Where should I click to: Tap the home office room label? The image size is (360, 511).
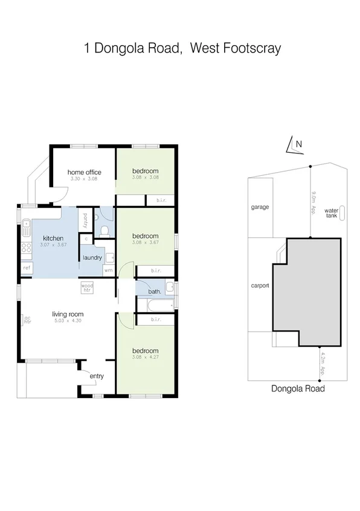84,173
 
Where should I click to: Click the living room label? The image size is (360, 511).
67,314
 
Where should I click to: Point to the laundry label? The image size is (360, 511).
92,257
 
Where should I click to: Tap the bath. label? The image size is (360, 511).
155,292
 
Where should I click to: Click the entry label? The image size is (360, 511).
97,376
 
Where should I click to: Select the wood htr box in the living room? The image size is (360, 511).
88,288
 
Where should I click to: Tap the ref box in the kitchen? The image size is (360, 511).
27,268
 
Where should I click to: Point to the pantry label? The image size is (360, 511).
86,221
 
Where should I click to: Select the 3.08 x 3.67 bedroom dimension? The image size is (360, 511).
145,243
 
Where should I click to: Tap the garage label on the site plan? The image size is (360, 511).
260,207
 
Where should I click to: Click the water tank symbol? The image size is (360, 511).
342,213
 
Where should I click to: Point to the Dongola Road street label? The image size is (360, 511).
298,389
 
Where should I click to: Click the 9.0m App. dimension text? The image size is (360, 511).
314,202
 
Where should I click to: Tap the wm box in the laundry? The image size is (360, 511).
108,270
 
